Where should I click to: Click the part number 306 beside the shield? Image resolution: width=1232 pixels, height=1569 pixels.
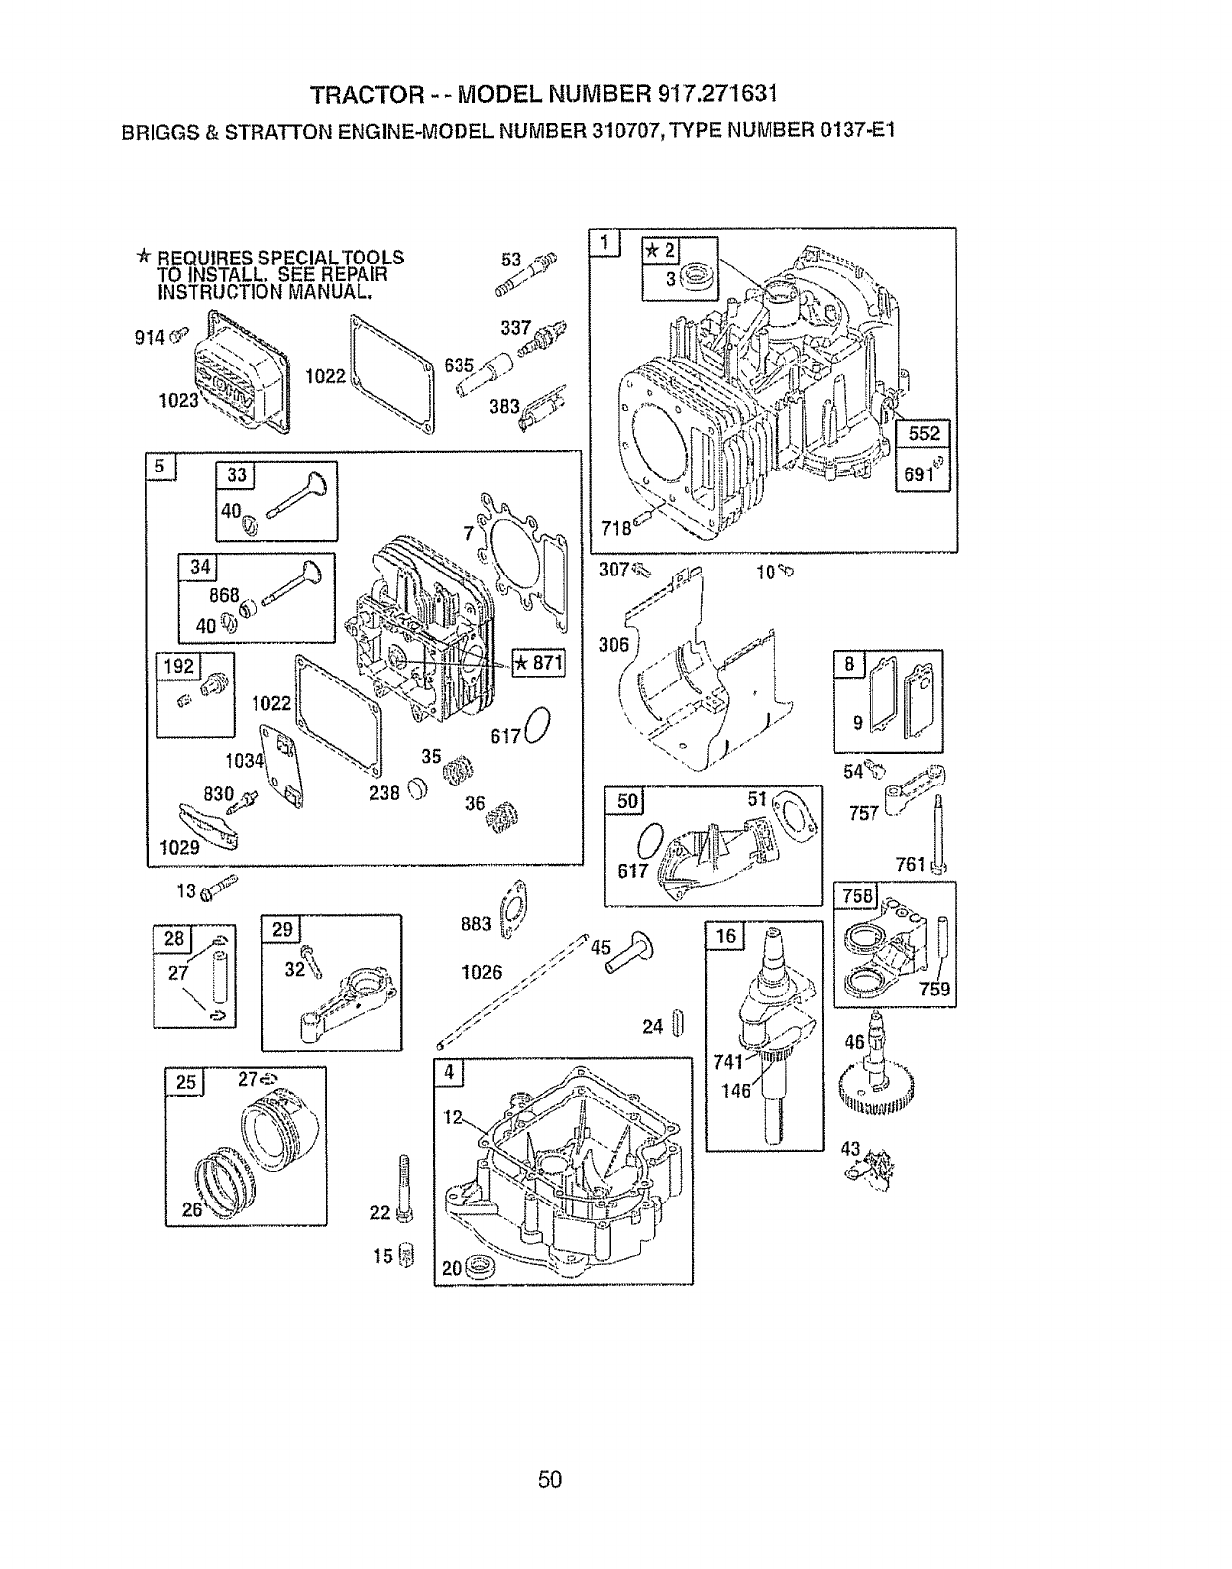(614, 645)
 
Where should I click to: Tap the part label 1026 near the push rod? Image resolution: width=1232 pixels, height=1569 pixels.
(482, 972)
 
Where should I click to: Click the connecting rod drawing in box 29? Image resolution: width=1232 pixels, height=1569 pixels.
(347, 998)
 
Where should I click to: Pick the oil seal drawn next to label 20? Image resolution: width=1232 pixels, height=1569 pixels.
(480, 1265)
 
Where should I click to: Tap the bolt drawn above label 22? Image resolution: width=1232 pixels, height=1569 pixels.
(404, 1184)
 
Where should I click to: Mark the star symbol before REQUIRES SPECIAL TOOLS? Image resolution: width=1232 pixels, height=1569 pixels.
(144, 258)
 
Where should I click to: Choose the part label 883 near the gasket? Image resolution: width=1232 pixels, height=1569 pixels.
(476, 924)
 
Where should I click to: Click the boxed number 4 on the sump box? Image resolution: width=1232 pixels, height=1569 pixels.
(450, 1072)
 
